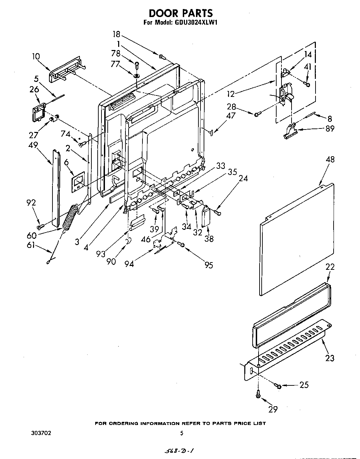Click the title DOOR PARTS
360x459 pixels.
pyautogui.click(x=180, y=13)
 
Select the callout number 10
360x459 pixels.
pyautogui.click(x=36, y=57)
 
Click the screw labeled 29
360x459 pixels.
pyautogui.click(x=258, y=394)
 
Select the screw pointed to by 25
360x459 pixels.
pyautogui.click(x=278, y=385)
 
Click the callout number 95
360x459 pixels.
pyautogui.click(x=208, y=265)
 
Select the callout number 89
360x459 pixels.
pyautogui.click(x=330, y=128)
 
